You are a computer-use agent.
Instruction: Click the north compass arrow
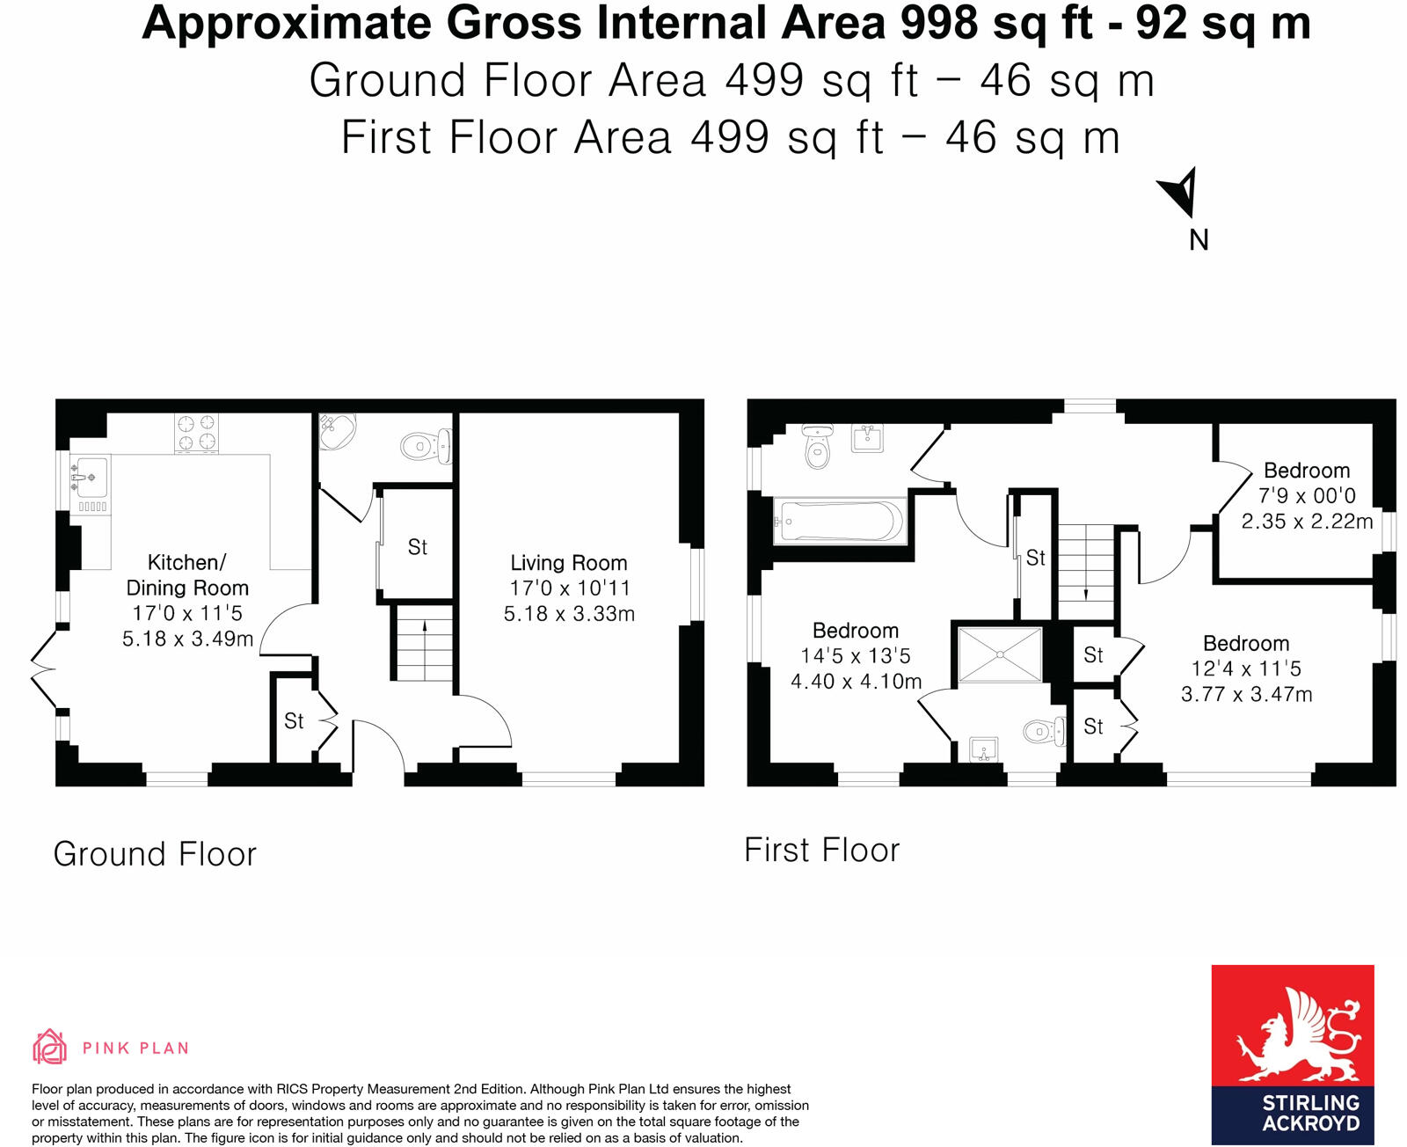(1180, 191)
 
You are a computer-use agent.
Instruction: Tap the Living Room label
(569, 563)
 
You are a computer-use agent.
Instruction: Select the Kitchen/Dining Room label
(186, 575)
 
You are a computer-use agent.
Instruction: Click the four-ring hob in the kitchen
(196, 433)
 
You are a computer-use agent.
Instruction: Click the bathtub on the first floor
(840, 521)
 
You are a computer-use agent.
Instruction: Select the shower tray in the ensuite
(1000, 654)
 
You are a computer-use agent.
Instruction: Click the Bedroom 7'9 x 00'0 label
(1306, 471)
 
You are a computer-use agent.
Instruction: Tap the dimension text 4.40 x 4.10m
(856, 682)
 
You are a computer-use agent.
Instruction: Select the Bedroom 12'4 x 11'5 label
(1246, 644)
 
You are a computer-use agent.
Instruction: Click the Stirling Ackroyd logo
(1292, 1054)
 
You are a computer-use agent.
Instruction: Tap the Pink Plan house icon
(50, 1047)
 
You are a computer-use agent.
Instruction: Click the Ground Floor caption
(155, 854)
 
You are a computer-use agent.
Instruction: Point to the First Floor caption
(821, 851)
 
